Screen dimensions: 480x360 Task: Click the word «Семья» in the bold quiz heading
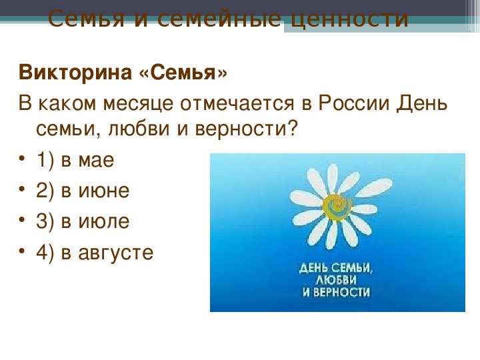point(183,73)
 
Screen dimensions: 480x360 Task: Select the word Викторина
point(75,73)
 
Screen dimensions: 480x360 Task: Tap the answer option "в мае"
point(87,160)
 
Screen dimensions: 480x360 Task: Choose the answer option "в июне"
point(95,191)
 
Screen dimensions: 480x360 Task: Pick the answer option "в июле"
point(95,221)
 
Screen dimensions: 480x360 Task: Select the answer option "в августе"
point(107,253)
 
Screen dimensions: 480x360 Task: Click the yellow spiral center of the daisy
point(338,206)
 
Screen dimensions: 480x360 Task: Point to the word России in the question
point(354,103)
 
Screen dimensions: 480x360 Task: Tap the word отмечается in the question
point(237,103)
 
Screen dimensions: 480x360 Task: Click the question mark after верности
point(293,128)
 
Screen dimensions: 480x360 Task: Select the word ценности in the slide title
point(349,19)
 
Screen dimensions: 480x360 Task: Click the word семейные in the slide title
point(219,19)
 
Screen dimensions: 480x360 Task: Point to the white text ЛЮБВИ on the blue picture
point(336,280)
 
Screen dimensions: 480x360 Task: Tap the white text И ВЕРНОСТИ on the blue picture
point(336,292)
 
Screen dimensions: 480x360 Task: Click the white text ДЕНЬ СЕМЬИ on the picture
point(336,268)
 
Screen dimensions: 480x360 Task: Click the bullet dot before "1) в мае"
point(21,159)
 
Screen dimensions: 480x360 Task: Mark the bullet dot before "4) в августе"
point(21,251)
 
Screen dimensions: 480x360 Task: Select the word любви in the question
point(139,128)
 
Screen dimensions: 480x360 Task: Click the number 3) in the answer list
point(45,221)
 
